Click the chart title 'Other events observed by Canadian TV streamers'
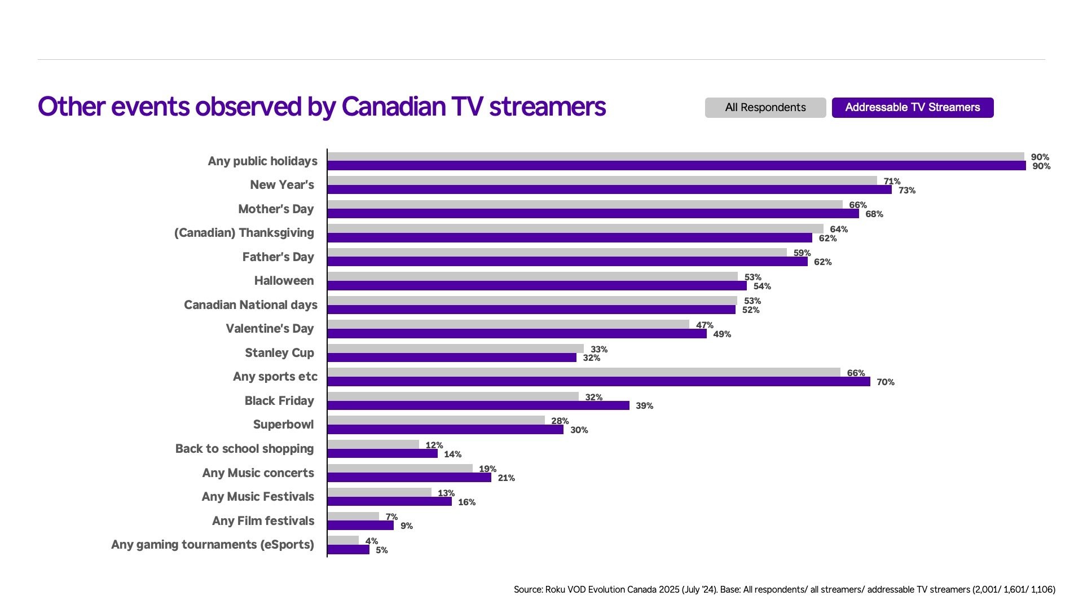pyautogui.click(x=322, y=107)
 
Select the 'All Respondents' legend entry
pyautogui.click(x=765, y=108)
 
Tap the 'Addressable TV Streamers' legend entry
pyautogui.click(x=912, y=108)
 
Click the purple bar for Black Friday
pyautogui.click(x=478, y=405)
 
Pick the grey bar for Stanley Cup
pyautogui.click(x=455, y=348)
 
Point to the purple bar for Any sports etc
pyautogui.click(x=598, y=382)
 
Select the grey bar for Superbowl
pyautogui.click(x=436, y=420)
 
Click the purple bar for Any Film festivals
pyautogui.click(x=360, y=526)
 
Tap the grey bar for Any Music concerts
pyautogui.click(x=400, y=468)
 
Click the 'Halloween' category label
pyautogui.click(x=284, y=281)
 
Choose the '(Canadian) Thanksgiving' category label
pyautogui.click(x=244, y=233)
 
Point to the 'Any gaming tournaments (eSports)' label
pyautogui.click(x=213, y=545)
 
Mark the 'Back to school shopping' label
pyautogui.click(x=244, y=449)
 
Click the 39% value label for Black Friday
pyautogui.click(x=644, y=406)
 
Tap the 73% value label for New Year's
pyautogui.click(x=906, y=191)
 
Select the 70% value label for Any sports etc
pyautogui.click(x=885, y=382)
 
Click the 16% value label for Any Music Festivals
pyautogui.click(x=466, y=502)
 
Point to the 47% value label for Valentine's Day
pyautogui.click(x=705, y=325)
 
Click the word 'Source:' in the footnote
pyautogui.click(x=528, y=590)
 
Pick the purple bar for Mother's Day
pyautogui.click(x=593, y=214)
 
